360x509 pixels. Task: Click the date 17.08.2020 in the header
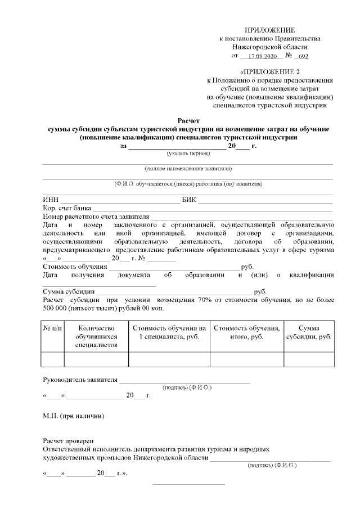[261, 57]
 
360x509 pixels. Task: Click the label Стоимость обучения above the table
[75, 267]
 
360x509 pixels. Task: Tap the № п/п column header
[53, 328]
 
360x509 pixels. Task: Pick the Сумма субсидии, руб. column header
[309, 332]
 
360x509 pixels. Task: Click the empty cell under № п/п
[53, 359]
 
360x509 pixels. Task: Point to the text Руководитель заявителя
[80, 380]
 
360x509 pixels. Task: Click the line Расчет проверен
[68, 441]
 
